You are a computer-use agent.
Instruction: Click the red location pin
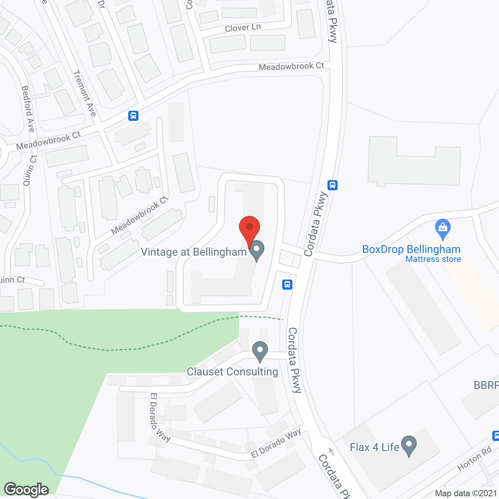pyautogui.click(x=249, y=228)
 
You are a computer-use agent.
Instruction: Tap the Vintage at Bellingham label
pyautogui.click(x=194, y=252)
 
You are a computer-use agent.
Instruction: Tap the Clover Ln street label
pyautogui.click(x=242, y=28)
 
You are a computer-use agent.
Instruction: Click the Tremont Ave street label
pyautogui.click(x=84, y=93)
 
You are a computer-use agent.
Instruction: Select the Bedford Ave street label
pyautogui.click(x=28, y=109)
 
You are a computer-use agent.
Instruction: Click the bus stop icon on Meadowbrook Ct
pyautogui.click(x=133, y=116)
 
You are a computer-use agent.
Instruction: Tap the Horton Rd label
pyautogui.click(x=474, y=458)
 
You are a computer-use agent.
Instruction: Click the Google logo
pyautogui.click(x=27, y=490)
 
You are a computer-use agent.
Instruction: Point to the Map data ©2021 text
pyautogui.click(x=466, y=493)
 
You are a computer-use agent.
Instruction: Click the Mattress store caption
pyautogui.click(x=433, y=259)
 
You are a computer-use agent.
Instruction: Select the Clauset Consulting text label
pyautogui.click(x=232, y=372)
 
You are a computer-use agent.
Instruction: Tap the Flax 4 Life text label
pyautogui.click(x=374, y=447)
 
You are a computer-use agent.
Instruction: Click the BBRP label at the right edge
pyautogui.click(x=486, y=385)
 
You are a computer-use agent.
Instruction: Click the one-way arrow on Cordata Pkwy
pyautogui.click(x=331, y=451)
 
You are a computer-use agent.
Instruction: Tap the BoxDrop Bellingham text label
pyautogui.click(x=411, y=249)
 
